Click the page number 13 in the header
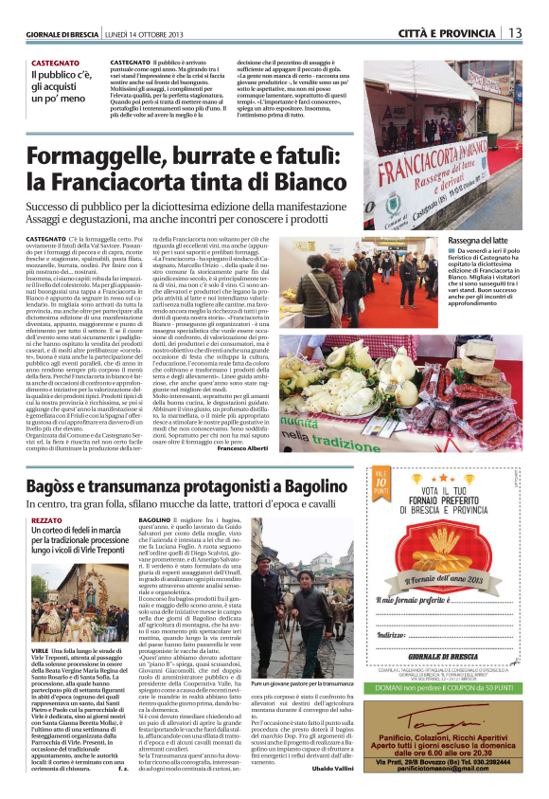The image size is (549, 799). click(x=516, y=33)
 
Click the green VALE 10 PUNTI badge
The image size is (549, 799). click(x=381, y=481)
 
